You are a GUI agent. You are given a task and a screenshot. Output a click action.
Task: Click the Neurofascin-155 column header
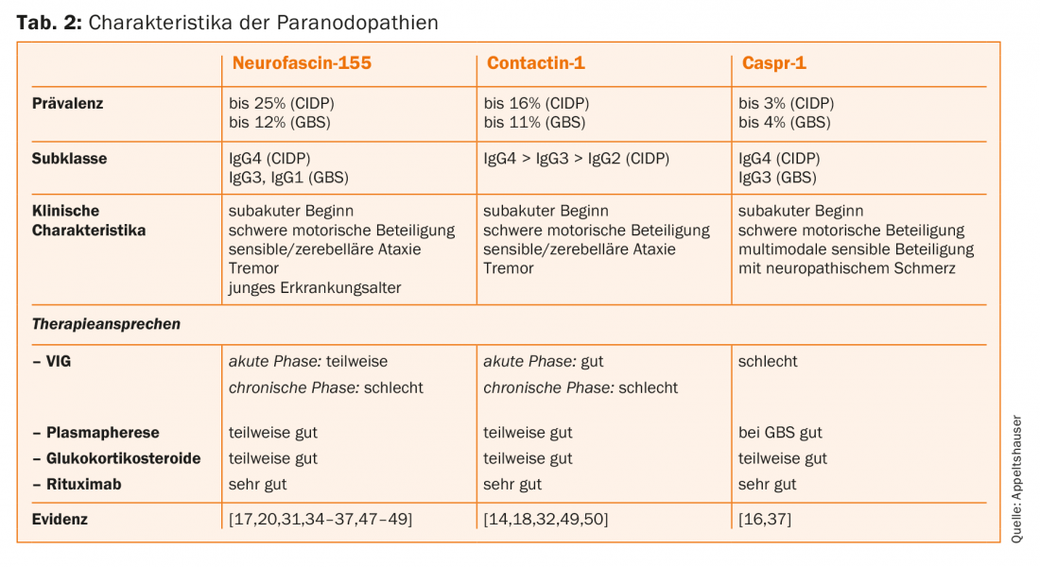point(302,63)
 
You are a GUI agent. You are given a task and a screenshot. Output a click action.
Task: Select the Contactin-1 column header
point(536,63)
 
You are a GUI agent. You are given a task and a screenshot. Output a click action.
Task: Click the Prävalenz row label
point(68,103)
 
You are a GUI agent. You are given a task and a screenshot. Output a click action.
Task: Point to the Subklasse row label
point(70,158)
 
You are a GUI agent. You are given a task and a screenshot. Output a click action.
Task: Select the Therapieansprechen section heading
point(106,324)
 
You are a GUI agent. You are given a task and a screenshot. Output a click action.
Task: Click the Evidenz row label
point(61,519)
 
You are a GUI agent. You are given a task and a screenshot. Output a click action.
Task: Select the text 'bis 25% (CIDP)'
point(282,103)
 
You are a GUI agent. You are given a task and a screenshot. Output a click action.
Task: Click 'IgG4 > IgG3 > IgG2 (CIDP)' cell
point(576,158)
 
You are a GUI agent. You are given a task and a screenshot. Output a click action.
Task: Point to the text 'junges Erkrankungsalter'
point(315,287)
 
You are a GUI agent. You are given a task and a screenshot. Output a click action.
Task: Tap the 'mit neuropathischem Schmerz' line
point(847,267)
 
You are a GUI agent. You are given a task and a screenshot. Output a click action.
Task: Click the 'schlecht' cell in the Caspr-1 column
point(768,361)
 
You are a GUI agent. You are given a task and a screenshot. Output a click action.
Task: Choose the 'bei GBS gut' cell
point(780,432)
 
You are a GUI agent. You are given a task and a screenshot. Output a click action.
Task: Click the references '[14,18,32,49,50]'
point(546,519)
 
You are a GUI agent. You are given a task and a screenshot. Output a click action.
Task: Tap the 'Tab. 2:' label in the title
point(49,22)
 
